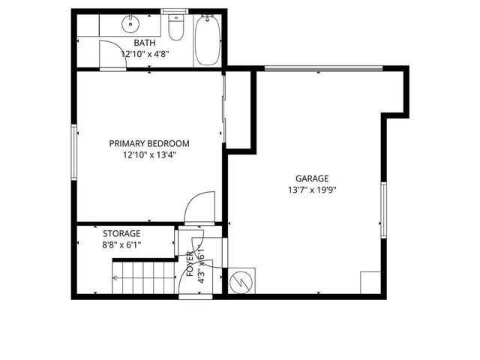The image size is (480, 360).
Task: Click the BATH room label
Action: (145, 43)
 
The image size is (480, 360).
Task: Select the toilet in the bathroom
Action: (175, 28)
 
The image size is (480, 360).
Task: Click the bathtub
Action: (206, 41)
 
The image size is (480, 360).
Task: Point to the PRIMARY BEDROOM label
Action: (149, 143)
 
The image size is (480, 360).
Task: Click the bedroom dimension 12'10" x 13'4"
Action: (149, 156)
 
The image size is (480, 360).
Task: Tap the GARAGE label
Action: (311, 178)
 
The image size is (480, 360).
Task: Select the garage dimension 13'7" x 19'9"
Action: (311, 190)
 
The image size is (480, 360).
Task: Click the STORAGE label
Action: (121, 233)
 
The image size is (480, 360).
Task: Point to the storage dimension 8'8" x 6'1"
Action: (121, 244)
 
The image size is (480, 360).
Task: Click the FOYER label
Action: (190, 264)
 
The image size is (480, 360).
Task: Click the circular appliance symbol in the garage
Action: (241, 282)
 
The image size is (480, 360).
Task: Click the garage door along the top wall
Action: (319, 69)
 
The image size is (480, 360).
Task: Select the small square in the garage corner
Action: (370, 283)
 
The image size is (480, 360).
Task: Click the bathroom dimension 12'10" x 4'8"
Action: (145, 54)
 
